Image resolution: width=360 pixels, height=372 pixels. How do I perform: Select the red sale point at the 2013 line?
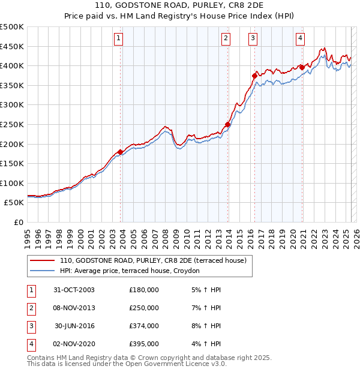point(227,125)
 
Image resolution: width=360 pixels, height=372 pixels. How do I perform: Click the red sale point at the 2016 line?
point(254,76)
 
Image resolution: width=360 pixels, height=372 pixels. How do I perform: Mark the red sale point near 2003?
point(121,152)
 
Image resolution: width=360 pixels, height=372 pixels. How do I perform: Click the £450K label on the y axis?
point(12,46)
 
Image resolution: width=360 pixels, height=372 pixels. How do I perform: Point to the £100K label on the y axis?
point(12,183)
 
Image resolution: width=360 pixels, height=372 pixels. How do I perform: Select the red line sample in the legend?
point(42,261)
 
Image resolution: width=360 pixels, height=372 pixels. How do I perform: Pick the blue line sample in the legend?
point(42,271)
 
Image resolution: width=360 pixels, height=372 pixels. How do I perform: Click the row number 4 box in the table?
point(30,344)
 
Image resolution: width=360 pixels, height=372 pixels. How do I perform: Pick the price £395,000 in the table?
point(144,344)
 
